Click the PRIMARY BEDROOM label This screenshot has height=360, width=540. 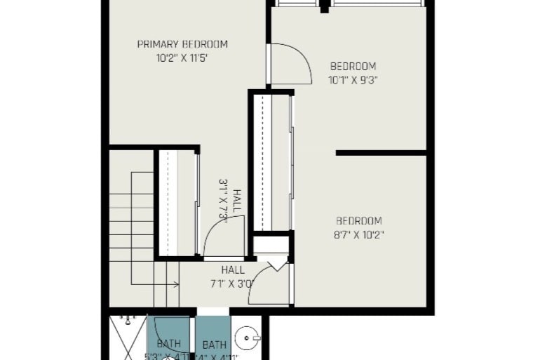(182, 44)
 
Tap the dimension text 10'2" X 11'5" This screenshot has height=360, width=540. (182, 59)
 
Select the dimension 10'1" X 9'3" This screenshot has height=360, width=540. (353, 80)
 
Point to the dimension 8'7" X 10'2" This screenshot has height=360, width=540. (359, 234)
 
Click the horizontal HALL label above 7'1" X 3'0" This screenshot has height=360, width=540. (233, 269)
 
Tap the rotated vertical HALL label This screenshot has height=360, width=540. (238, 201)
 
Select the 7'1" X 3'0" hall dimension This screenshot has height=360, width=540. (233, 284)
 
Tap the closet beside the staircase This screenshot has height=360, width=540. (177, 203)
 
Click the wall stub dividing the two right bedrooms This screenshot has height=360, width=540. (381, 152)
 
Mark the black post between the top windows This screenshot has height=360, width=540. (324, 7)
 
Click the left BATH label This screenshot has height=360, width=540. (168, 344)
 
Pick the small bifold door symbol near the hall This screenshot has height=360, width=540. (274, 262)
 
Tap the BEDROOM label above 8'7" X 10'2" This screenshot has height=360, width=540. (359, 220)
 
